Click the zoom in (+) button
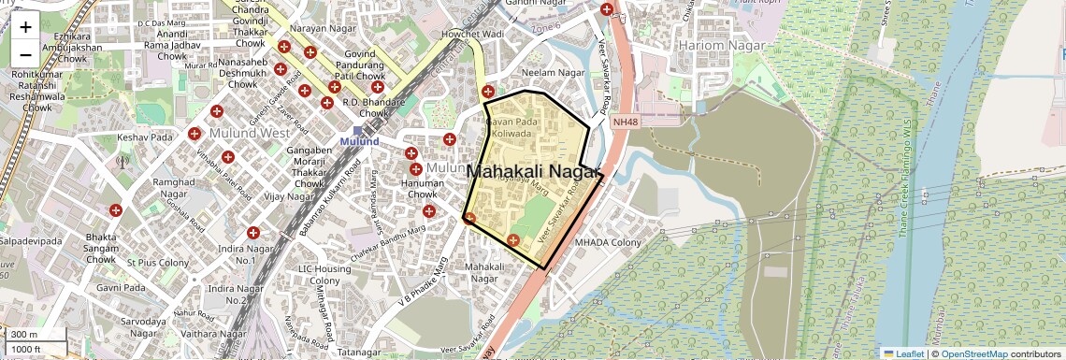pyautogui.click(x=25, y=27)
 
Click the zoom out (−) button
pyautogui.click(x=25, y=54)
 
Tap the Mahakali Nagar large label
pyautogui.click(x=531, y=172)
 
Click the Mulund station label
pyautogui.click(x=359, y=141)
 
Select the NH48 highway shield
pyautogui.click(x=625, y=122)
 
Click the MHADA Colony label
pyautogui.click(x=607, y=243)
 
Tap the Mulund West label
pyautogui.click(x=250, y=133)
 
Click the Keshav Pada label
pyautogui.click(x=146, y=137)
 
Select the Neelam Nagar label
pyautogui.click(x=553, y=73)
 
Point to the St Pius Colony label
pyautogui.click(x=158, y=263)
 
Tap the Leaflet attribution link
pyautogui.click(x=903, y=353)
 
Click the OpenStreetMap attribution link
pyautogui.click(x=973, y=353)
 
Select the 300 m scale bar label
pyautogui.click(x=25, y=335)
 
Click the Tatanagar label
pyautogui.click(x=360, y=353)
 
